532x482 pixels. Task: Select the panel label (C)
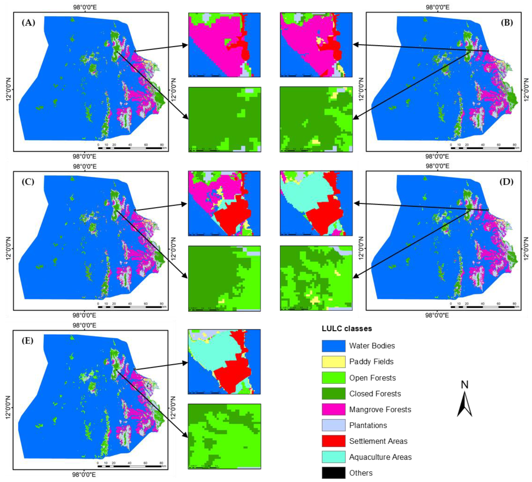coord(28,182)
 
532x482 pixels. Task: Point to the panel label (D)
coord(506,182)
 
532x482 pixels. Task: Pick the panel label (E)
coord(28,341)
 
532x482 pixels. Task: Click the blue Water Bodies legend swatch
coord(333,346)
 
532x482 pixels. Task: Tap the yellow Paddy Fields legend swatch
coord(333,362)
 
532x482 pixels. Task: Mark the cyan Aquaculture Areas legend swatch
coord(333,457)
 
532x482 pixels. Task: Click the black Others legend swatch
coord(333,473)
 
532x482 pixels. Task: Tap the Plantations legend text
coord(368,425)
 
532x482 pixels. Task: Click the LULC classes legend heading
coord(347,329)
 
